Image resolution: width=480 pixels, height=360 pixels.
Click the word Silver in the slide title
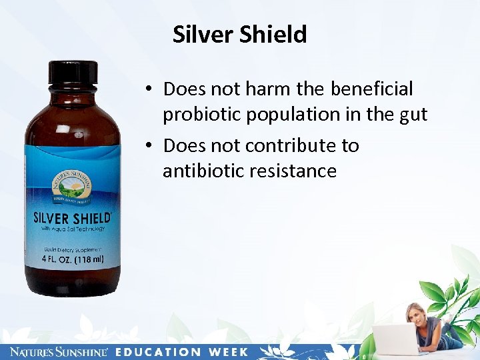click(x=198, y=35)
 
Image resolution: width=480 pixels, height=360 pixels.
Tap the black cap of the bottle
click(x=73, y=72)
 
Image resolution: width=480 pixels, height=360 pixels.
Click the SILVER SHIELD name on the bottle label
click(x=72, y=219)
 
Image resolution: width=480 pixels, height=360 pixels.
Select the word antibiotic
click(x=203, y=171)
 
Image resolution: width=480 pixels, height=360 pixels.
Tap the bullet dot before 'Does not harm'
click(x=152, y=89)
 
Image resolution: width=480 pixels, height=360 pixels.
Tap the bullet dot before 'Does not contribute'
click(x=152, y=145)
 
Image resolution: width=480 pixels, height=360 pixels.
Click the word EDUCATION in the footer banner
click(x=159, y=352)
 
